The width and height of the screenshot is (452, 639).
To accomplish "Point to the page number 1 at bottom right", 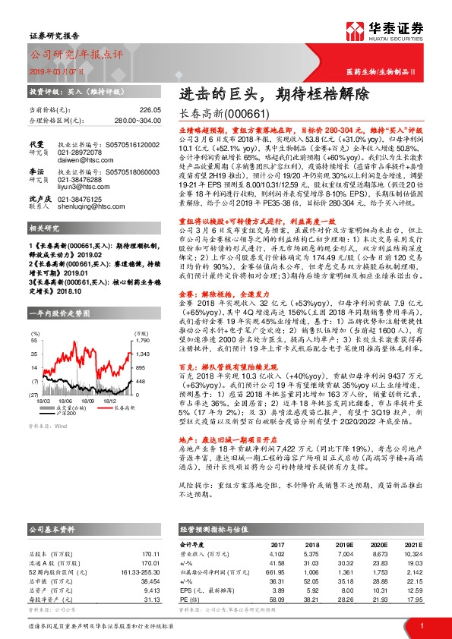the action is click(x=422, y=625).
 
